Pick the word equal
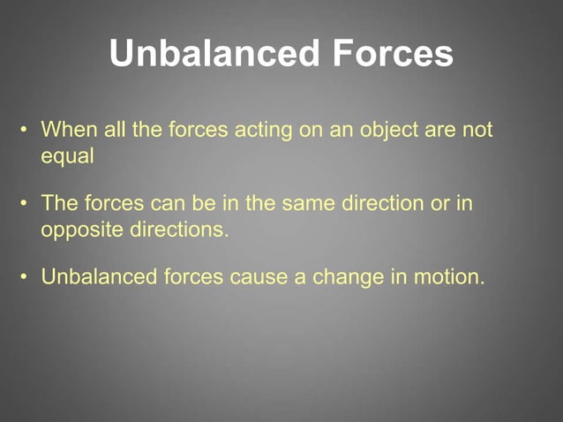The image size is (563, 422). click(x=67, y=157)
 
